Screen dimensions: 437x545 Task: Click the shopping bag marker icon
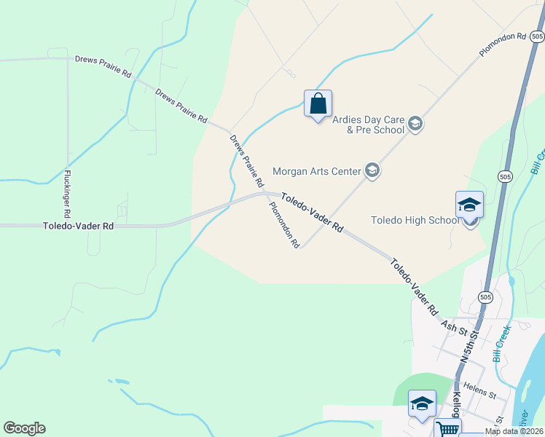[318, 103]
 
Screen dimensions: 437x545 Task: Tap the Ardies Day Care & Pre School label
[368, 125]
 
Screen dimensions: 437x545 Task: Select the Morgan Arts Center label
[317, 172]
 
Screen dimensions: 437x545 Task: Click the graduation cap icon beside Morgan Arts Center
[372, 171]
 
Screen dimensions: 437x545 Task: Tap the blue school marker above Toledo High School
[469, 205]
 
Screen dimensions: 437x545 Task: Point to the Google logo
[24, 428]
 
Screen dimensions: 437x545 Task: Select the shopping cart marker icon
[447, 430]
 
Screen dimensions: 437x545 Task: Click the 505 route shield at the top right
[536, 36]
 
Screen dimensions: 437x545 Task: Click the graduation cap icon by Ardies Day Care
[415, 124]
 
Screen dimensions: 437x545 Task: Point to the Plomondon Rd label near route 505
[503, 45]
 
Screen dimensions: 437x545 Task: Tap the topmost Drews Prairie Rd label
[103, 66]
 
